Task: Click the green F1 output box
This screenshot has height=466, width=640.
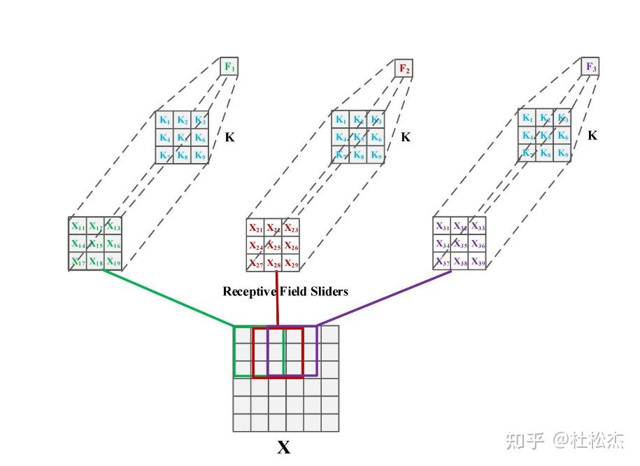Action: [x=229, y=67]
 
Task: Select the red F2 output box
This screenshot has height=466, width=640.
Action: [x=404, y=69]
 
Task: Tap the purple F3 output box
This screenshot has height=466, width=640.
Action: [x=590, y=67]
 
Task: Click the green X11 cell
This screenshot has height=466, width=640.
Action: [x=78, y=227]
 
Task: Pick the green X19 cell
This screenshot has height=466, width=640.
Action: [x=113, y=262]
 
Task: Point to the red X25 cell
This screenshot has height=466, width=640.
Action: [x=273, y=246]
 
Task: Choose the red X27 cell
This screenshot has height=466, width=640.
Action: [x=255, y=264]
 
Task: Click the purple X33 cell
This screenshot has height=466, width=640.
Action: [x=478, y=226]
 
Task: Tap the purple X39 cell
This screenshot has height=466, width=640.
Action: [x=478, y=262]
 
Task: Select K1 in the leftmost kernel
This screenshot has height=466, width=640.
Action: [x=164, y=120]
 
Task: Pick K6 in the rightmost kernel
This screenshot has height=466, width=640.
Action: [x=563, y=136]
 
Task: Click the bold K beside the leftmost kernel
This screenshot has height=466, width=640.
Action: [x=229, y=138]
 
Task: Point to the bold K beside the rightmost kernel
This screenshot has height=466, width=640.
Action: [x=592, y=135]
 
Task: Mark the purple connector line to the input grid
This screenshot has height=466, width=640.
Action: [x=385, y=299]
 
